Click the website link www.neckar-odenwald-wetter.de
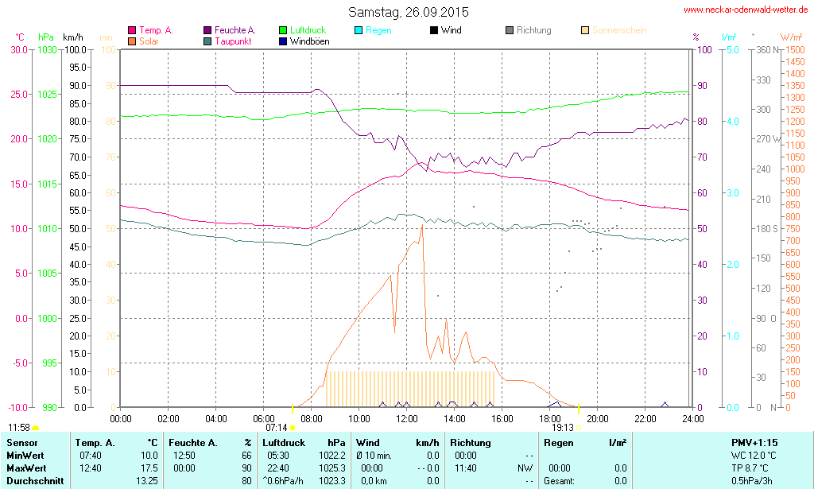coord(746,10)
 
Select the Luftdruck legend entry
coord(307,30)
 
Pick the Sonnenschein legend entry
coord(618,30)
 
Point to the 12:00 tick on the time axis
coord(407,418)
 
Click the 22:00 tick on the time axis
coord(645,418)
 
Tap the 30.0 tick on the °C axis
coord(18,49)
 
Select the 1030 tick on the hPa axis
coord(47,49)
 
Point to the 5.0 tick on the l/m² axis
coord(731,49)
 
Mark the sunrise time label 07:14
coord(276,427)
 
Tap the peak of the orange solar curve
coord(422,226)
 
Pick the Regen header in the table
coord(559,442)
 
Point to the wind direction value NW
coord(525,468)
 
